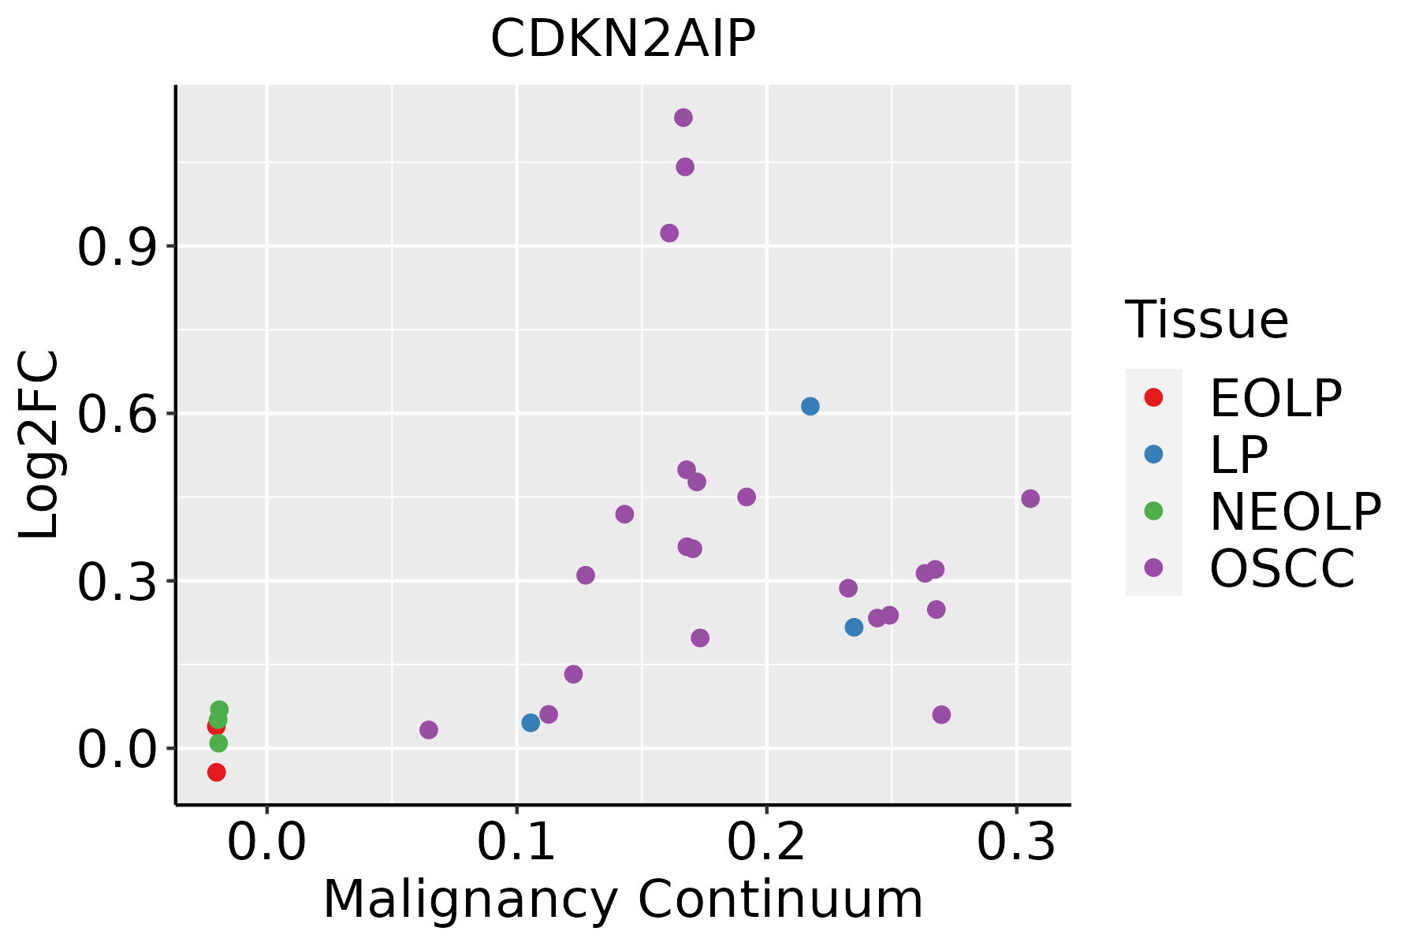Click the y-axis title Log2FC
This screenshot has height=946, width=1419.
click(x=39, y=445)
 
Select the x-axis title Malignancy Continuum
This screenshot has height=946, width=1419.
click(x=623, y=900)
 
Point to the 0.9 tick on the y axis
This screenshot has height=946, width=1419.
click(x=115, y=248)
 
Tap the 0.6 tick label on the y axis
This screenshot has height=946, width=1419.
click(x=115, y=415)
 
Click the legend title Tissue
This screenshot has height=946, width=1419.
click(x=1206, y=320)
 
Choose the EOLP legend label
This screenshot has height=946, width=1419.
click(x=1276, y=398)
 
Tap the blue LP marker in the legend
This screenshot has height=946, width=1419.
click(x=1153, y=454)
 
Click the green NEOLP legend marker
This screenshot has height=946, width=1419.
click(x=1153, y=511)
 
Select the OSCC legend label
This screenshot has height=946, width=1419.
click(x=1282, y=568)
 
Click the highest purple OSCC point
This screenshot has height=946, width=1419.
click(x=683, y=117)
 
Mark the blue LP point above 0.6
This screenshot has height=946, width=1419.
click(x=810, y=406)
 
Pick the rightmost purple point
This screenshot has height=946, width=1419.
click(x=1030, y=498)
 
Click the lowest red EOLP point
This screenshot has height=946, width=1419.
click(x=217, y=772)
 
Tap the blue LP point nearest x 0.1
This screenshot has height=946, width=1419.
click(x=531, y=722)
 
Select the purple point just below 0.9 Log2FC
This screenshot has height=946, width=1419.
click(x=669, y=233)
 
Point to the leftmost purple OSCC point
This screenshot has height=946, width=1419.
click(x=429, y=730)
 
